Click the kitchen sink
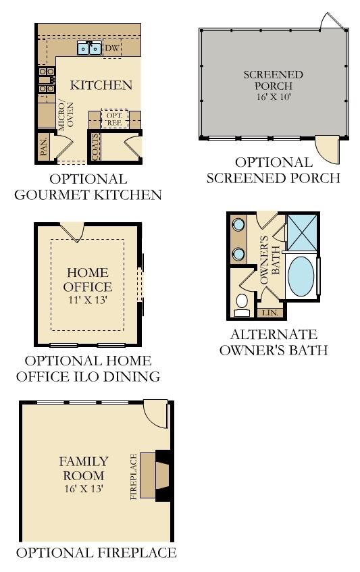(x=89, y=48)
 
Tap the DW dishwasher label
(x=112, y=47)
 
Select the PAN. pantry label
(x=44, y=147)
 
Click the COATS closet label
(x=95, y=147)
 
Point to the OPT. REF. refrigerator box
(x=115, y=120)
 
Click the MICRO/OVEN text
(x=66, y=115)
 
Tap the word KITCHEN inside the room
(x=101, y=85)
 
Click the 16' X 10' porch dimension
(x=273, y=97)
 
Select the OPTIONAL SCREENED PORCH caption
(x=273, y=170)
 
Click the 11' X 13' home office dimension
(x=88, y=300)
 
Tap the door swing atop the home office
(x=72, y=232)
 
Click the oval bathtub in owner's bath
(x=301, y=275)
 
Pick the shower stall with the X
(x=302, y=232)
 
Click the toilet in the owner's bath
(x=241, y=305)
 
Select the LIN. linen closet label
(x=270, y=313)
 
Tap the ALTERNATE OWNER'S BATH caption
(x=274, y=342)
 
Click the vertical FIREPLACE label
(x=134, y=476)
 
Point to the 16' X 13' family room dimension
(x=84, y=488)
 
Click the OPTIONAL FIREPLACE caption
(x=97, y=552)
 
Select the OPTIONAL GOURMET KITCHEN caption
(x=88, y=187)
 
